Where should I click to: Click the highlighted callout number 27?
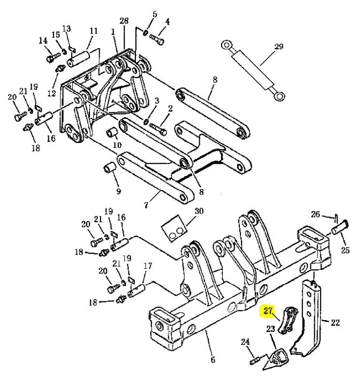[268, 311]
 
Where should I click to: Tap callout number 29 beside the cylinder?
[278, 46]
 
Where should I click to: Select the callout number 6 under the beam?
[213, 360]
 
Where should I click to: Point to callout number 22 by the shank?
[335, 322]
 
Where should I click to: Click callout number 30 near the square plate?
[199, 211]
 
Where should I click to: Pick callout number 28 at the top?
[124, 21]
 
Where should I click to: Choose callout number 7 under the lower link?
[146, 205]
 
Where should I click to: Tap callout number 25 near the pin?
[345, 250]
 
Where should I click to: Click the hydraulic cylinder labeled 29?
[253, 71]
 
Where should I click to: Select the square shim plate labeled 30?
[174, 228]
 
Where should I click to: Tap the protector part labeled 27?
[288, 320]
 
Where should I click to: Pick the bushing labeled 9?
[109, 168]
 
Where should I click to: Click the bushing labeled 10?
[112, 132]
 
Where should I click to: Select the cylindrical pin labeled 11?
[79, 58]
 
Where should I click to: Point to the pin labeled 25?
[340, 228]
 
